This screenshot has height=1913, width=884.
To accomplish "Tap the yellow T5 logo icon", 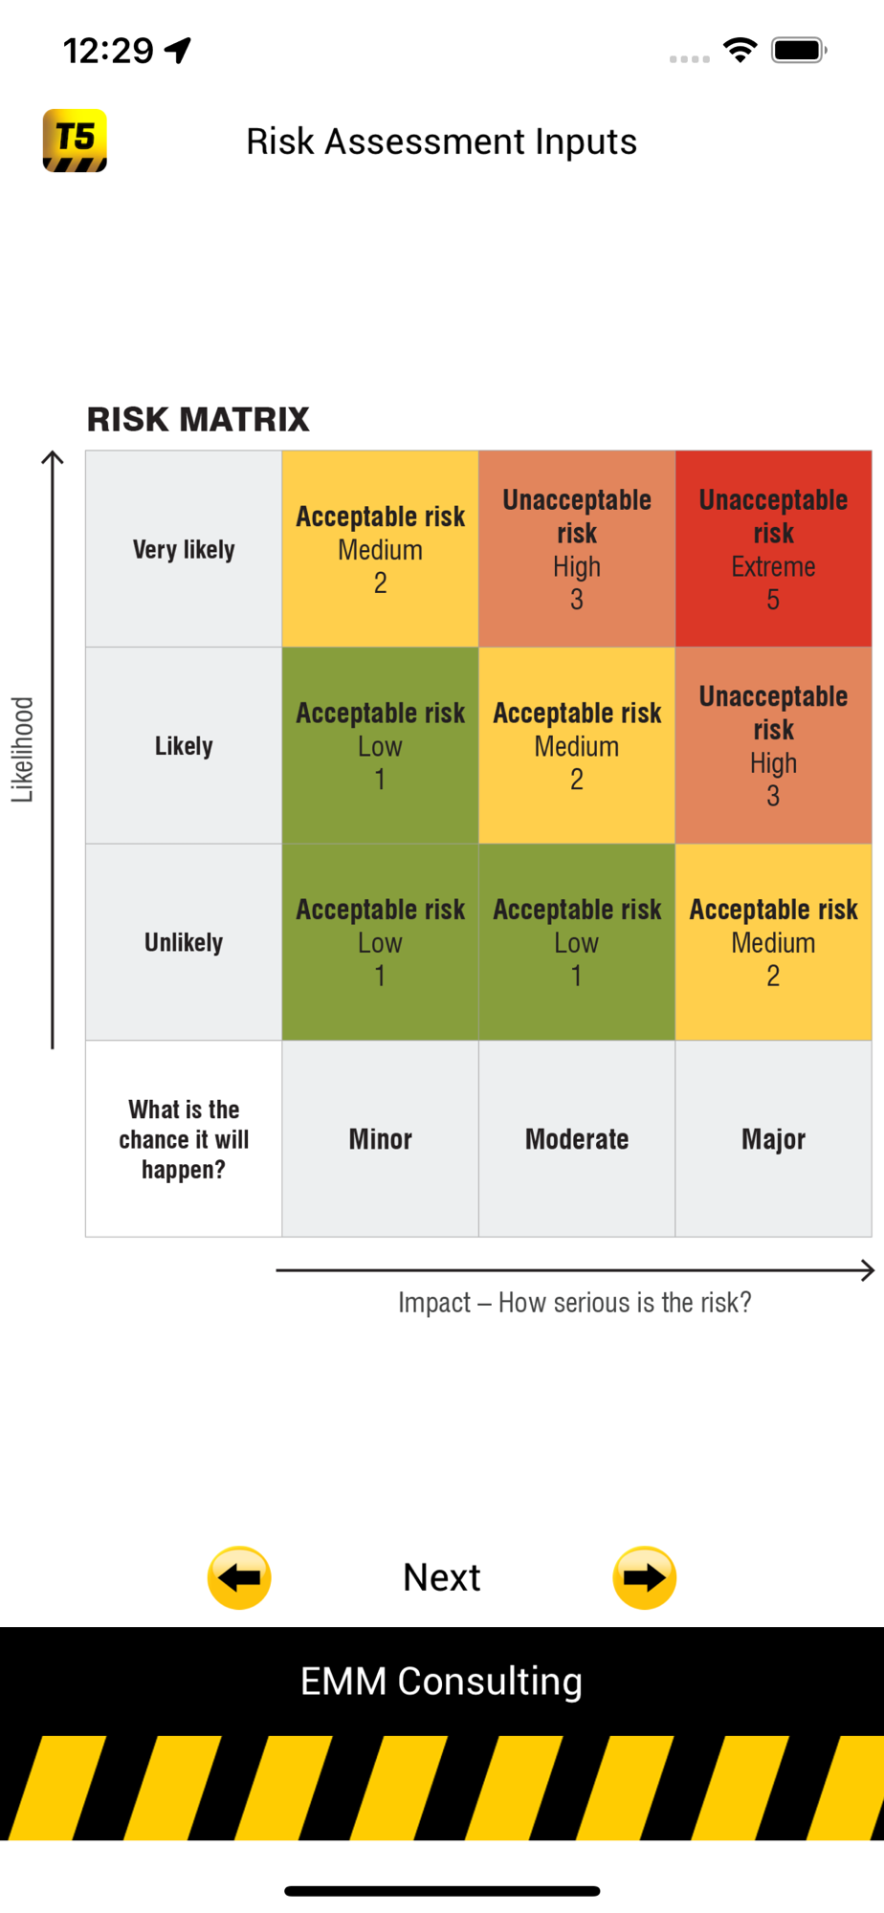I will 75,141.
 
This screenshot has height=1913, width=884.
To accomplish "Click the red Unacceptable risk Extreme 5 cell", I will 773,549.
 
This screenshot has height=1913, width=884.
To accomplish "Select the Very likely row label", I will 184,549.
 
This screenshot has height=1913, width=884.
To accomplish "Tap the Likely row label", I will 184,746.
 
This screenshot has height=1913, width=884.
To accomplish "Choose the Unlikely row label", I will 184,942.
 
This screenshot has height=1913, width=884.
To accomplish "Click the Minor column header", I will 380,1139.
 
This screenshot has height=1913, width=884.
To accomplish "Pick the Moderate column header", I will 577,1139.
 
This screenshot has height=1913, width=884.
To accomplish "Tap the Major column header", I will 773,1139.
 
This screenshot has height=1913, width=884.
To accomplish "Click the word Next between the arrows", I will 441,1577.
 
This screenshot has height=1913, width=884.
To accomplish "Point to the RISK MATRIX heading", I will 198,419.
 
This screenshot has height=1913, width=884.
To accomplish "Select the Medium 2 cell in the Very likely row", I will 380,549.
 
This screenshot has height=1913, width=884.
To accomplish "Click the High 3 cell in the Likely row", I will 773,746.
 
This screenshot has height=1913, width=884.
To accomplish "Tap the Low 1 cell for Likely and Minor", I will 380,746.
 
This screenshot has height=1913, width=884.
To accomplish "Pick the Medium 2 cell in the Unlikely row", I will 773,942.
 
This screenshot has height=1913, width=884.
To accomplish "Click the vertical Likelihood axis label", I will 22,750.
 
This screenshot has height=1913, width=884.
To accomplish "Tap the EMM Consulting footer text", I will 441,1681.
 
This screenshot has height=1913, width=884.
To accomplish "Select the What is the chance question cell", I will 184,1139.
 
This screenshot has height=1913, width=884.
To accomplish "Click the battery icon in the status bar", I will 799,50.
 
